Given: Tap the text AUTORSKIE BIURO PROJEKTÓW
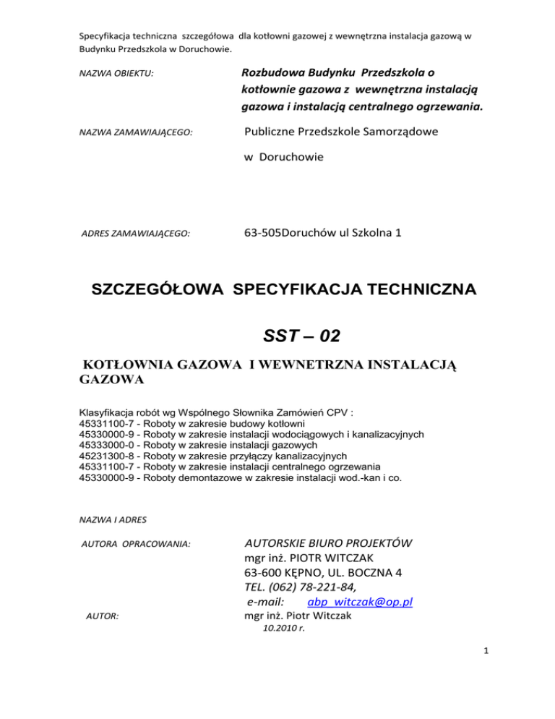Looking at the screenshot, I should [328, 543].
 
